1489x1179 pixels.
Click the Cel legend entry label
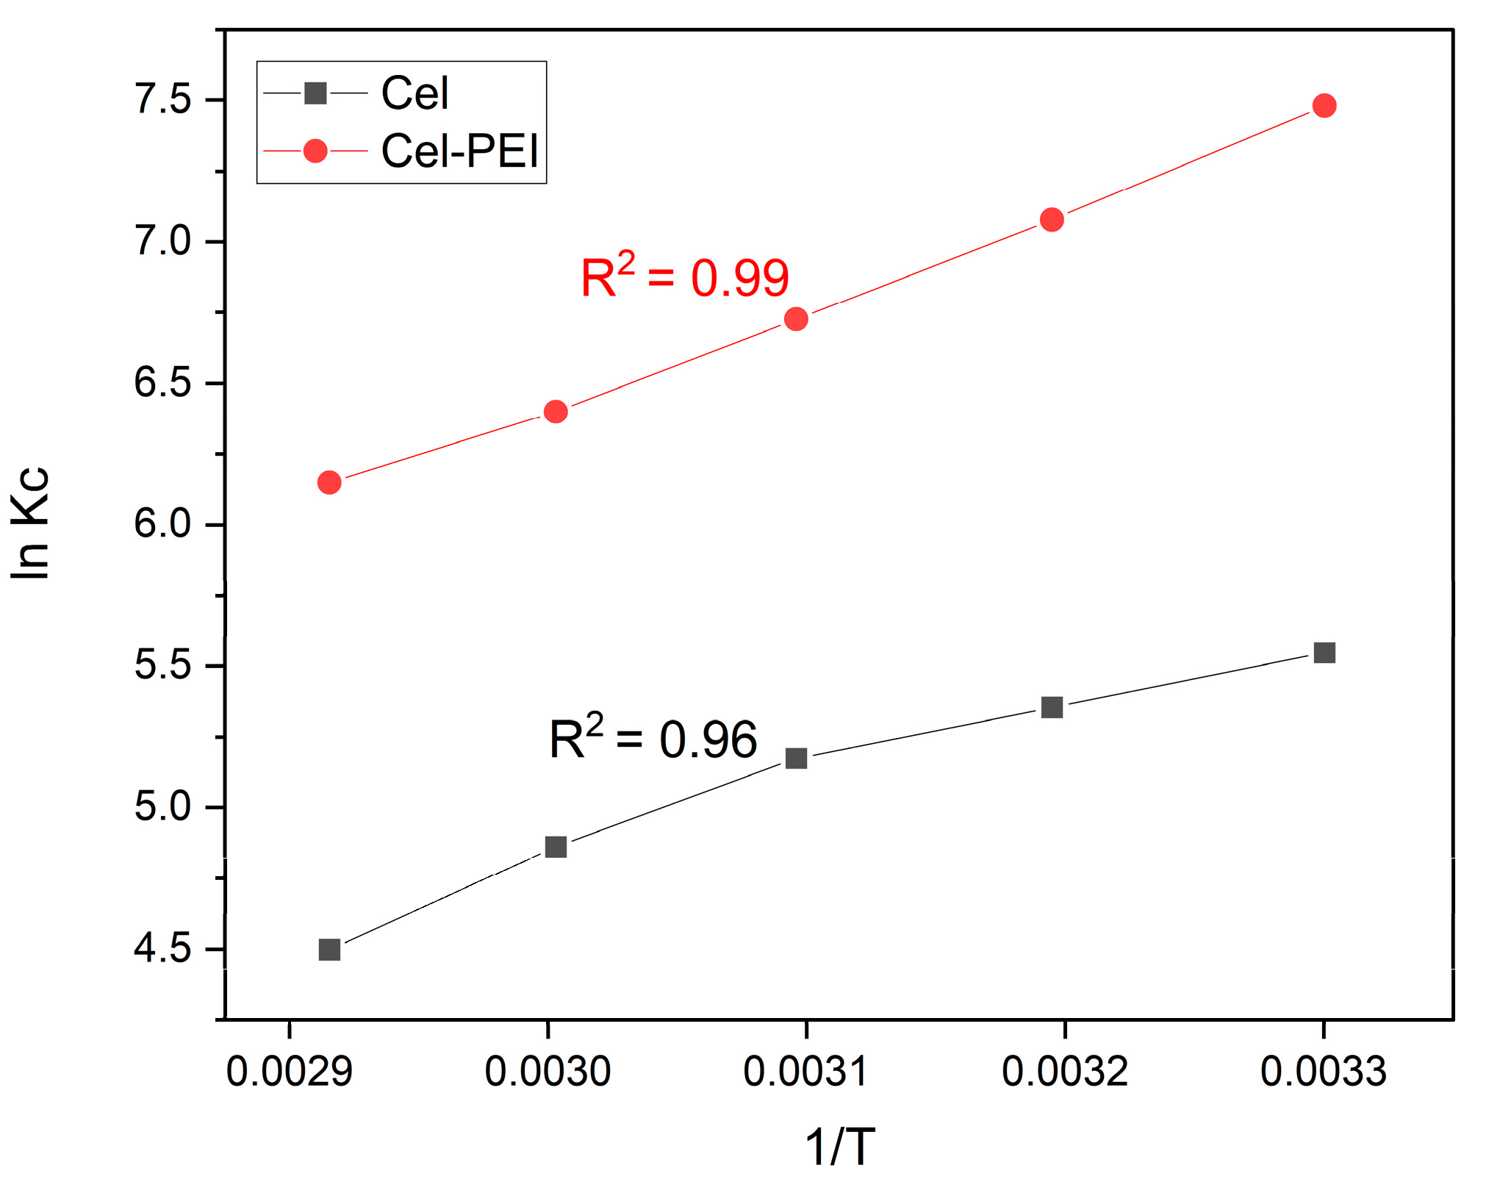click(x=415, y=93)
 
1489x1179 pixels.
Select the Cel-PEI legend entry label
click(x=460, y=151)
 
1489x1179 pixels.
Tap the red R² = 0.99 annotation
click(x=684, y=277)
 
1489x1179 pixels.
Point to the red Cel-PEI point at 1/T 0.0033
click(x=1324, y=106)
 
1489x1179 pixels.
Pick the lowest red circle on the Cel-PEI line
click(x=329, y=483)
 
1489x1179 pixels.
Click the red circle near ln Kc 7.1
click(x=1052, y=220)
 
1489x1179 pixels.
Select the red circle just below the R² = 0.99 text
click(x=796, y=319)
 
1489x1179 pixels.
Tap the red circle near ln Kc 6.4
click(x=556, y=412)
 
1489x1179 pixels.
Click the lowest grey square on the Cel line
click(x=329, y=950)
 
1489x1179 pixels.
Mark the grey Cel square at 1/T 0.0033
click(x=1324, y=653)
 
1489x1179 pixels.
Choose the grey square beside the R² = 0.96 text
click(x=796, y=758)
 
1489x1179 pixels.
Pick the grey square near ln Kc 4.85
click(x=556, y=847)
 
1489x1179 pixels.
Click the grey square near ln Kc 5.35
click(x=1052, y=708)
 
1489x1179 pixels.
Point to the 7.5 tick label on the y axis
click(x=162, y=99)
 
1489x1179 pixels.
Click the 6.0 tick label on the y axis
click(x=162, y=524)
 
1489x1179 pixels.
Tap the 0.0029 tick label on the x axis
click(x=290, y=1072)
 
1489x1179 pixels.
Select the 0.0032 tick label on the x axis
click(x=1065, y=1072)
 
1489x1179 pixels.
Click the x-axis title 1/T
click(x=840, y=1147)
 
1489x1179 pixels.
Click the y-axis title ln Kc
click(x=31, y=523)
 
